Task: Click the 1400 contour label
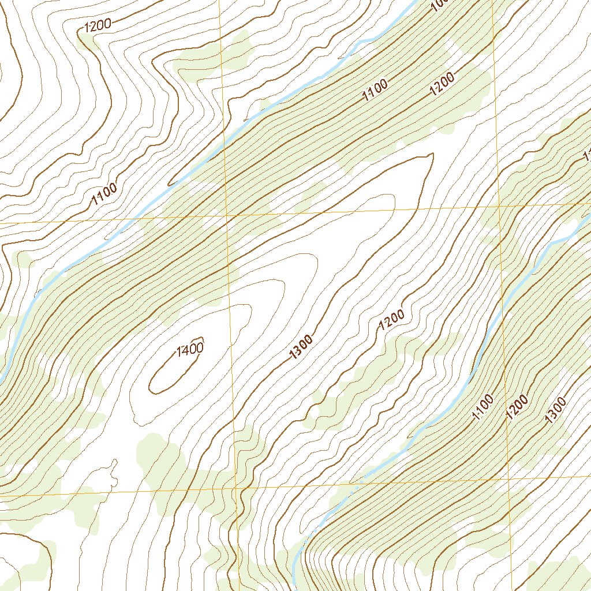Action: tap(190, 348)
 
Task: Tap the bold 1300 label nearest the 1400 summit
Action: tap(302, 347)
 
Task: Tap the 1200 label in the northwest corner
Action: tap(96, 25)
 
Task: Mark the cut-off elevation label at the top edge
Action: tap(440, 5)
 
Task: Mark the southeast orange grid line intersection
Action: tap(508, 478)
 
